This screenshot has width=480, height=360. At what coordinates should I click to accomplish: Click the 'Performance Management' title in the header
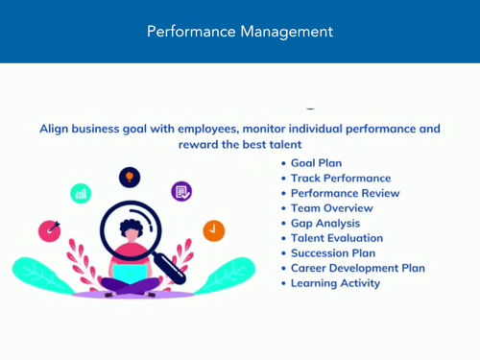click(x=240, y=32)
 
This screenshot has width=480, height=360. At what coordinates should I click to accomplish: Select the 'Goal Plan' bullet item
click(x=316, y=163)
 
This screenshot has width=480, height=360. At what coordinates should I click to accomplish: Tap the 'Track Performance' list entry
click(x=341, y=179)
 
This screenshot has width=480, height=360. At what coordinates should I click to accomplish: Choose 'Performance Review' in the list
click(x=346, y=193)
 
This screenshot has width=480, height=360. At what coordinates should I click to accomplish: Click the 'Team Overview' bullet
click(x=331, y=208)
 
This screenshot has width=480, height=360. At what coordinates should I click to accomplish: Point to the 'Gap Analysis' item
click(x=325, y=223)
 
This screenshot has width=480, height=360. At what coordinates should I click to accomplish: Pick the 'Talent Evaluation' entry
click(x=337, y=238)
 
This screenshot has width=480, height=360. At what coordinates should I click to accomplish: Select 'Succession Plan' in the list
click(x=333, y=252)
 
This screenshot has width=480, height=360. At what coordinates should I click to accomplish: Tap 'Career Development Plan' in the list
click(x=357, y=268)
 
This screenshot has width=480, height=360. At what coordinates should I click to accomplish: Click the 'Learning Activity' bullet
click(x=335, y=283)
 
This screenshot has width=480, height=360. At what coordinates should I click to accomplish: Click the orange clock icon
click(x=213, y=230)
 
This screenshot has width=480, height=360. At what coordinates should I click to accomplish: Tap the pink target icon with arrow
click(x=50, y=230)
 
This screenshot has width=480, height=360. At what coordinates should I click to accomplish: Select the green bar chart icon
click(x=82, y=193)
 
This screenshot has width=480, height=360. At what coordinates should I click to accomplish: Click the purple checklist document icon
click(x=181, y=191)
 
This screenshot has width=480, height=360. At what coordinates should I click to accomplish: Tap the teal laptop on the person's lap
click(x=129, y=275)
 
